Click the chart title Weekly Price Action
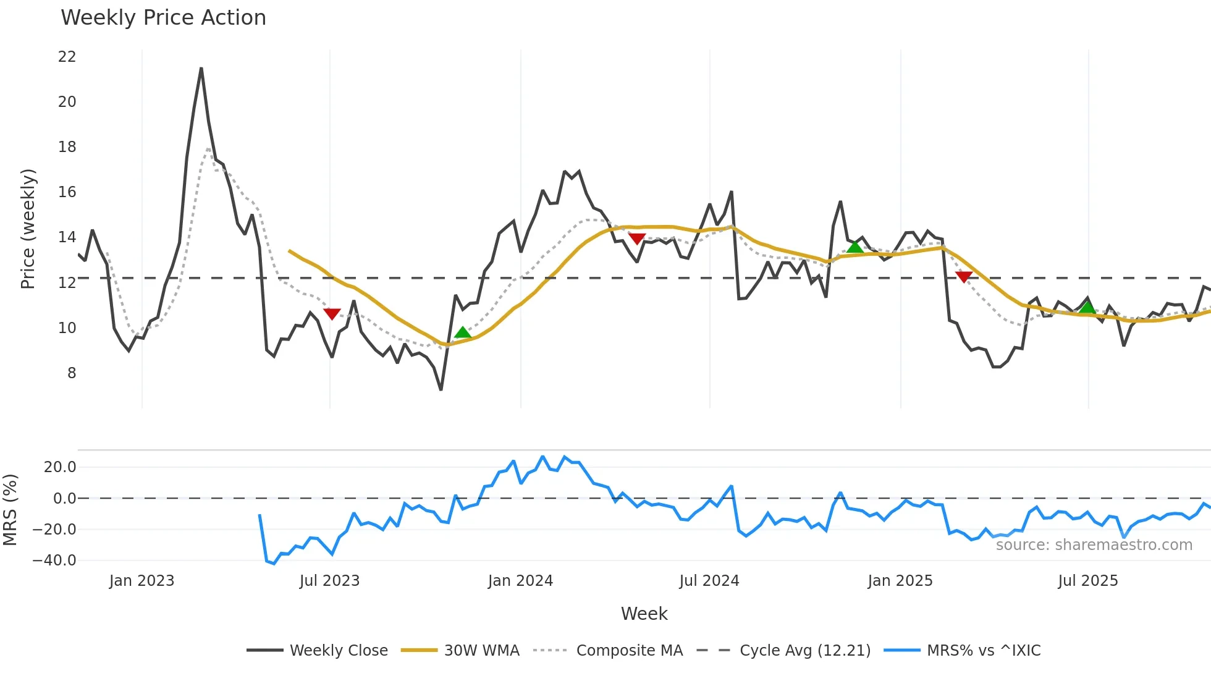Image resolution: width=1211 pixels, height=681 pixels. click(163, 18)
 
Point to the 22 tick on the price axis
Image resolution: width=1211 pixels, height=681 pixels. click(67, 57)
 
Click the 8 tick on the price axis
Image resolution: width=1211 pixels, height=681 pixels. click(72, 373)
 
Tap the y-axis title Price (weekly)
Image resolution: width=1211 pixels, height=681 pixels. click(28, 229)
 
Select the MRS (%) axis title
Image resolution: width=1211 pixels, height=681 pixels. click(11, 510)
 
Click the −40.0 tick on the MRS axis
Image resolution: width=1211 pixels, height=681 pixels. click(54, 560)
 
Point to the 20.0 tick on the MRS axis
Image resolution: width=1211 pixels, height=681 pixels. click(60, 467)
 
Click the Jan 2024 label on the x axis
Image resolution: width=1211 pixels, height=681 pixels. click(520, 581)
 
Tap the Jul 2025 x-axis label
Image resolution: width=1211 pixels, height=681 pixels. click(1087, 581)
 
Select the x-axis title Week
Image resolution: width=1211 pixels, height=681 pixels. click(644, 614)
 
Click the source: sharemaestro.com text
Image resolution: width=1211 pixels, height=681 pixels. click(1094, 545)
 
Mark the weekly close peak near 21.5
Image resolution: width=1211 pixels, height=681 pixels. click(201, 69)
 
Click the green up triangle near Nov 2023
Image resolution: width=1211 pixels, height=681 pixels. click(462, 333)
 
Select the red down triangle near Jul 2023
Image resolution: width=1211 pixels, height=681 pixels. click(332, 314)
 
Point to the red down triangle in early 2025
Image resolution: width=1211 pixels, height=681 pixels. click(963, 276)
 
